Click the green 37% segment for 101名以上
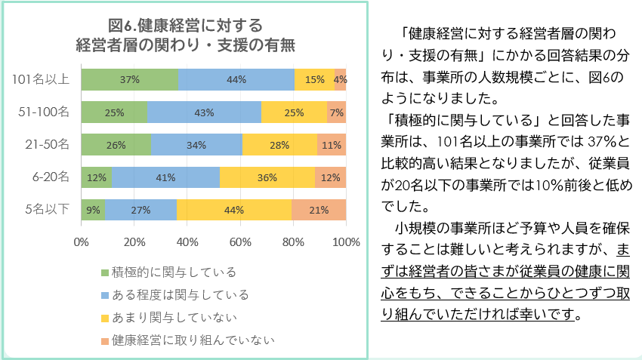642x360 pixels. pos(129,79)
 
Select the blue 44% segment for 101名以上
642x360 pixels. pos(236,79)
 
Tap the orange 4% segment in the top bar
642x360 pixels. pos(341,79)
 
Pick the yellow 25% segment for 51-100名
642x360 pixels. pos(294,112)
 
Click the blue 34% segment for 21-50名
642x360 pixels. pos(196,145)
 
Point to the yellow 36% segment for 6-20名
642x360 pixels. pos(267,177)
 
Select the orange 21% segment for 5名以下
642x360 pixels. pos(319,210)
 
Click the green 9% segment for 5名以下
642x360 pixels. pos(93,210)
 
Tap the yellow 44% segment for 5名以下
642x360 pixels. pos(234,210)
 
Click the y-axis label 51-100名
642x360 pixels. pos(45,112)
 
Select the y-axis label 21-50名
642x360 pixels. pos(48,145)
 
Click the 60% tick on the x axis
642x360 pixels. pos(240,242)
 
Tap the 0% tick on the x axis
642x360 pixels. pos(82,242)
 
